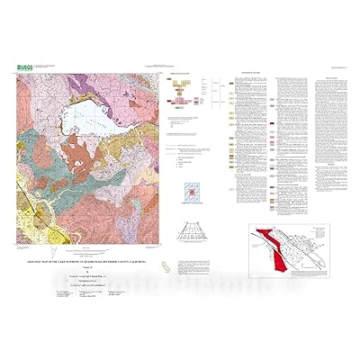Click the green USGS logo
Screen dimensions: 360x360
point(24,67)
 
